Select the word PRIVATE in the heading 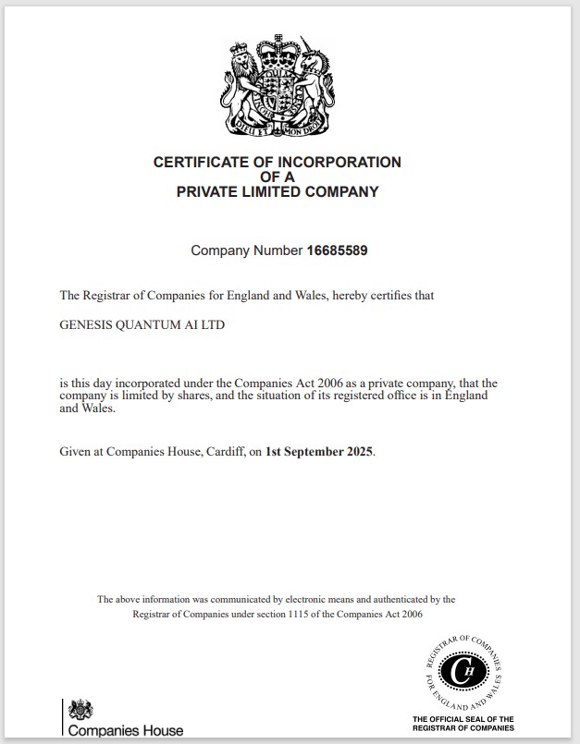(209, 192)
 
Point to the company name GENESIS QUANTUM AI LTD (142, 324)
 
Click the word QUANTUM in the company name (159, 324)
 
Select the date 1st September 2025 (319, 452)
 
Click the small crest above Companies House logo (82, 708)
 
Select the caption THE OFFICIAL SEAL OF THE (463, 719)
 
